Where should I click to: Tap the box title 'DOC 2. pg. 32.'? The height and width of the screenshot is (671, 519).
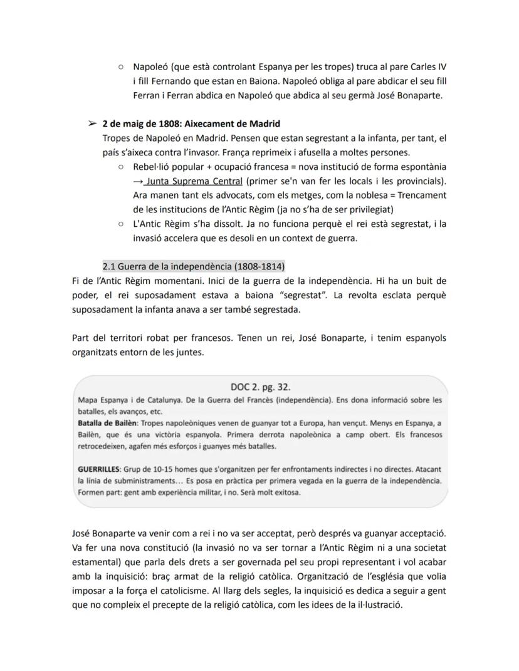click(x=259, y=387)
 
